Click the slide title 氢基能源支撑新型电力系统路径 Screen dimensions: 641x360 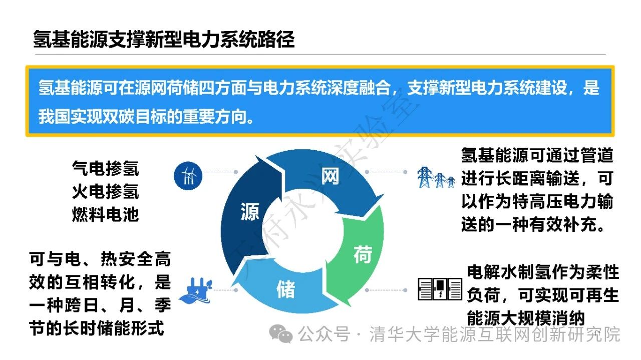pyautogui.click(x=164, y=39)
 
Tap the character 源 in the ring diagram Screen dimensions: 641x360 pyautogui.click(x=250, y=212)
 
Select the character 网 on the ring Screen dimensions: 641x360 pyautogui.click(x=330, y=176)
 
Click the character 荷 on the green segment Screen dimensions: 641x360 pyautogui.click(x=363, y=255)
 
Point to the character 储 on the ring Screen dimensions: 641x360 pyautogui.click(x=285, y=289)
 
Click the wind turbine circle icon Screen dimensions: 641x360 pyautogui.click(x=188, y=176)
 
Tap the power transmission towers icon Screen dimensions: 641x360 pyautogui.click(x=436, y=177)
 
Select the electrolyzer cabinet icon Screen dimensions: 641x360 pyautogui.click(x=440, y=289)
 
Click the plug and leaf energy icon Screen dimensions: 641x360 pyautogui.click(x=196, y=290)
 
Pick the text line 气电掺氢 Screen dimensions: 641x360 pyautogui.click(x=106, y=168)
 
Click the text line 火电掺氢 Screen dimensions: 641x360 pyautogui.click(x=106, y=191)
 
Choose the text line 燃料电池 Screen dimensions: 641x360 pyautogui.click(x=106, y=215)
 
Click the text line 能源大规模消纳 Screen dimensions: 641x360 pyautogui.click(x=526, y=318)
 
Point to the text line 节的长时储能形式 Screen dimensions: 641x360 pyautogui.click(x=97, y=328)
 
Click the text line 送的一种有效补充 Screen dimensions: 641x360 pyautogui.click(x=534, y=224)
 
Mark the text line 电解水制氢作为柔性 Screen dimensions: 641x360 pyautogui.click(x=543, y=272)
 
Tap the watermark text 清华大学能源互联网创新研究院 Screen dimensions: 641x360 pyautogui.click(x=495, y=334)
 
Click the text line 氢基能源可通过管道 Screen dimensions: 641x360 pyautogui.click(x=537, y=155)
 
